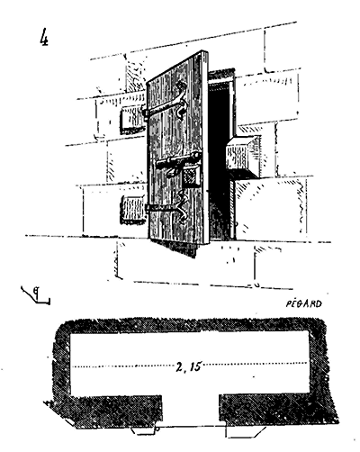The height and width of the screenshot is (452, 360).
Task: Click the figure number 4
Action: (x=44, y=37)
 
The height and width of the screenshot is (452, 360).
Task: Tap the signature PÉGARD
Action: (x=303, y=303)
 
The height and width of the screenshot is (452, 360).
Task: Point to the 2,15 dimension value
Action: (x=188, y=366)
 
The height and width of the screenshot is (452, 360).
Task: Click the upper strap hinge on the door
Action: (x=165, y=104)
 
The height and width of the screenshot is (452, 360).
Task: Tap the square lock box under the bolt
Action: (x=192, y=176)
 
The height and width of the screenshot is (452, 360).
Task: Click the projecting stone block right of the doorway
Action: (x=242, y=156)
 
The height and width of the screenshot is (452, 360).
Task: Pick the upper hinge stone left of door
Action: (x=131, y=120)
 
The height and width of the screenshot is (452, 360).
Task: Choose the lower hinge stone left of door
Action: (x=132, y=210)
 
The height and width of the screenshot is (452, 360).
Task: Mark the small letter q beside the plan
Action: (x=37, y=291)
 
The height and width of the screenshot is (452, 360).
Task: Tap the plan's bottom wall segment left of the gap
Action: (x=108, y=411)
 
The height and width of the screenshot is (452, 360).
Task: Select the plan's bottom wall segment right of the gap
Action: (x=277, y=409)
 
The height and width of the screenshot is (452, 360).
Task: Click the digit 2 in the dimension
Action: (x=179, y=366)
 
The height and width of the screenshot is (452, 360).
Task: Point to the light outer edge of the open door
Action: (x=206, y=147)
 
